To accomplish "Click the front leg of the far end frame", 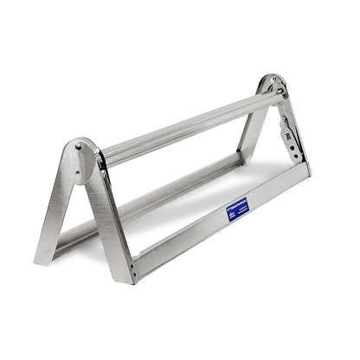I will pyautogui.click(x=292, y=130).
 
